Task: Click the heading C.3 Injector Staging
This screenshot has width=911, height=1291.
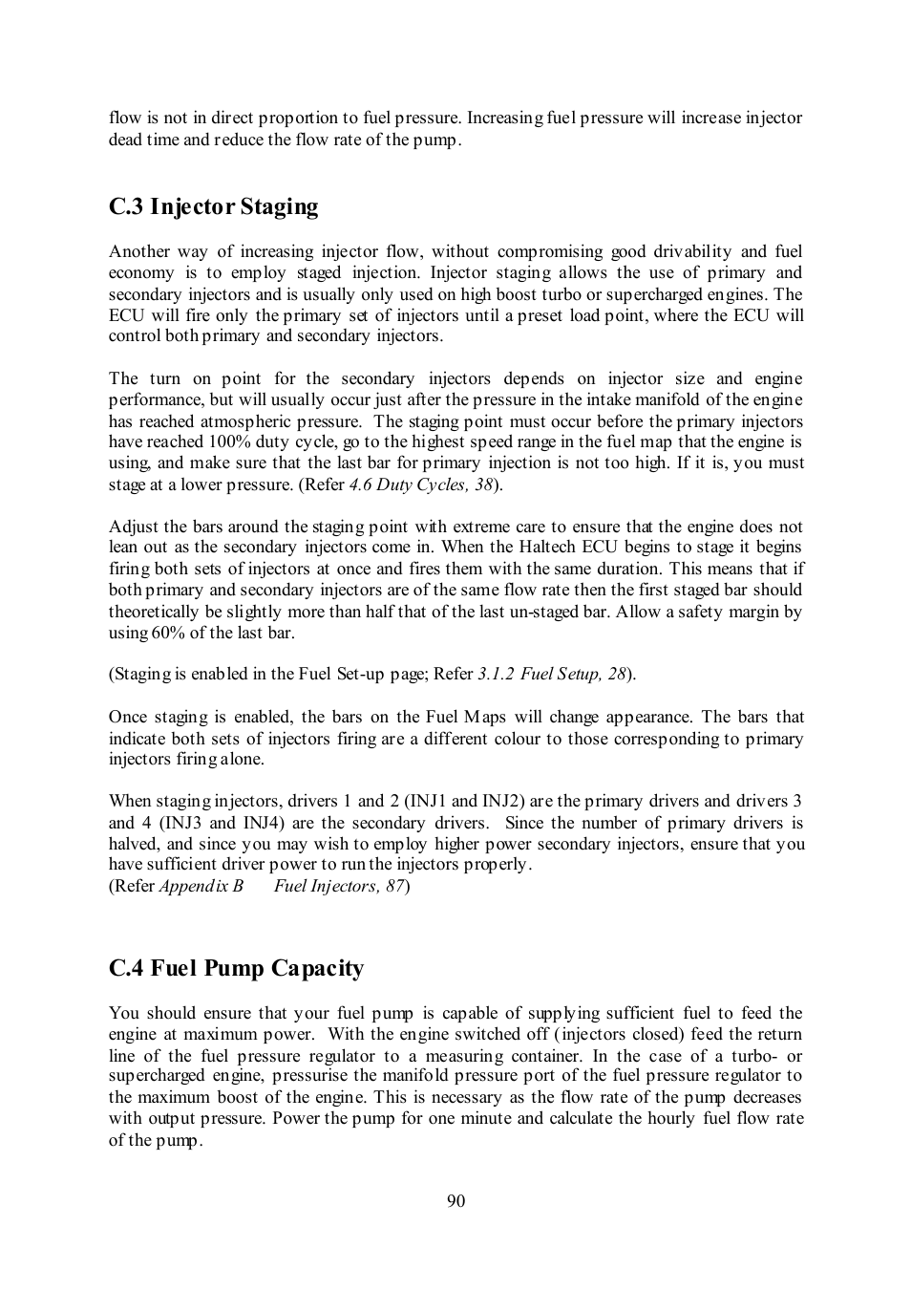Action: click(213, 207)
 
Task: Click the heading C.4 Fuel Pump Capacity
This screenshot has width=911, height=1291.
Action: click(236, 969)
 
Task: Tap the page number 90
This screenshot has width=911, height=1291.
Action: click(455, 1200)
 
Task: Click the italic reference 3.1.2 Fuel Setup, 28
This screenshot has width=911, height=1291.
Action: click(552, 674)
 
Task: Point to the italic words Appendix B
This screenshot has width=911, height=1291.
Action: click(201, 886)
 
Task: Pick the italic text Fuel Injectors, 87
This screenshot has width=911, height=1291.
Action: click(339, 886)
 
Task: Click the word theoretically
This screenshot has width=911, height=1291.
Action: click(154, 612)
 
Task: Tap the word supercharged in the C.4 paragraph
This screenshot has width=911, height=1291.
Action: click(154, 1075)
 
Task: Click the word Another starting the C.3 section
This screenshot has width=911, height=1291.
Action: click(140, 251)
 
